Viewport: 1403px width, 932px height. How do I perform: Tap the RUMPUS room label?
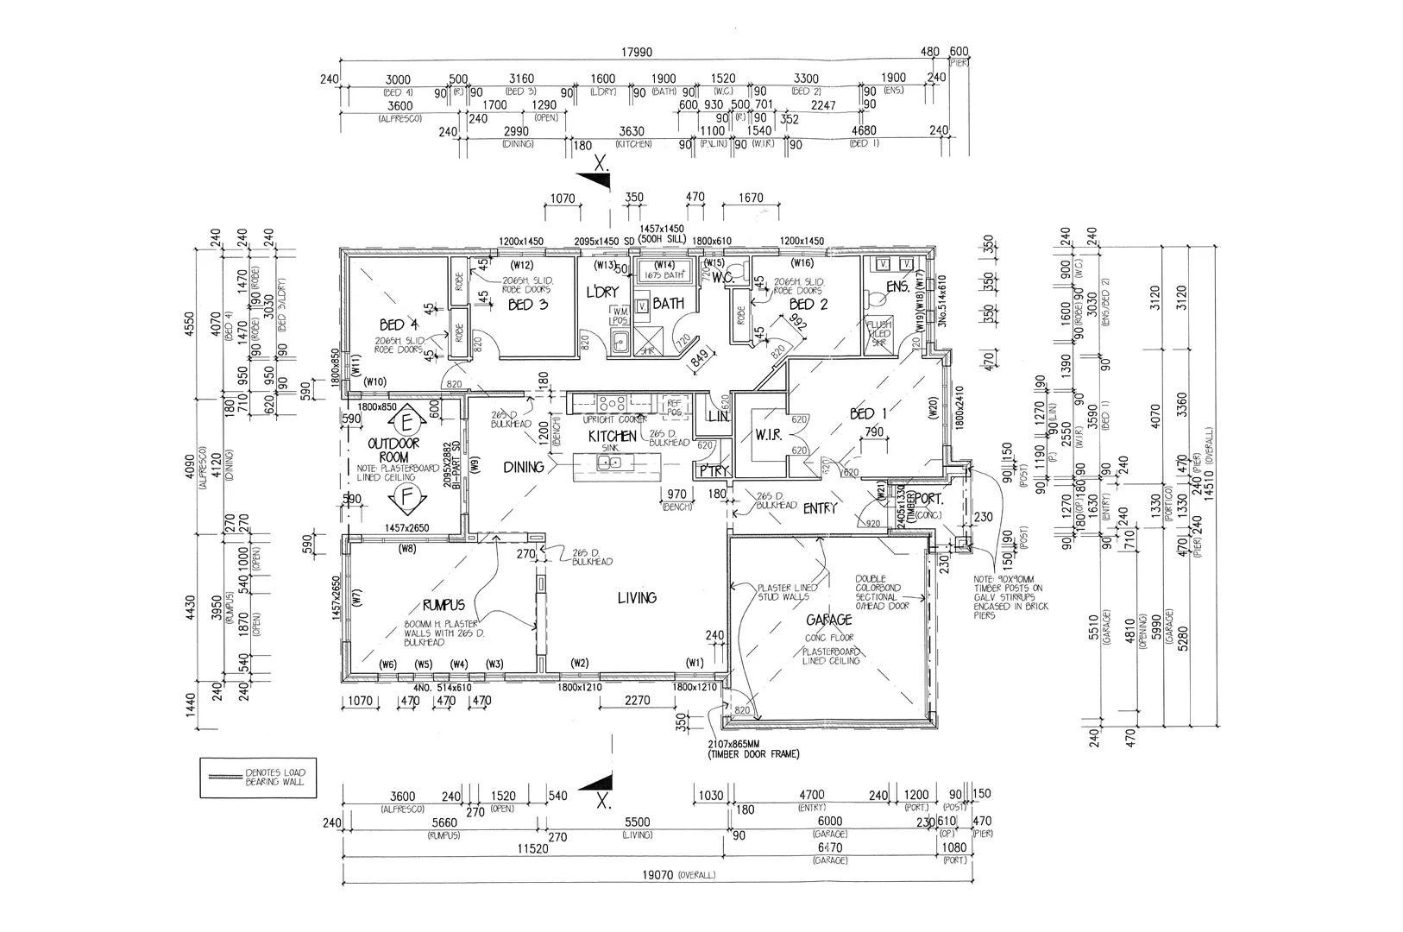(444, 604)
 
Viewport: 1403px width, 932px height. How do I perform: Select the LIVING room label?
(636, 597)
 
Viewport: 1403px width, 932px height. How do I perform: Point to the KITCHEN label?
(613, 436)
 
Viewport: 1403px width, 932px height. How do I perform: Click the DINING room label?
(524, 467)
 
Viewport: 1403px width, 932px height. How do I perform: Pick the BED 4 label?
(399, 325)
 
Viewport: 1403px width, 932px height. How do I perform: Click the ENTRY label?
(820, 508)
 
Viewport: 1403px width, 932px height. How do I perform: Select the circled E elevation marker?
(405, 423)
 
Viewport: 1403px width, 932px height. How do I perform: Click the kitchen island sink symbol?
(610, 463)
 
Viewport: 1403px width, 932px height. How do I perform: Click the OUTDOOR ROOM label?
(393, 449)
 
